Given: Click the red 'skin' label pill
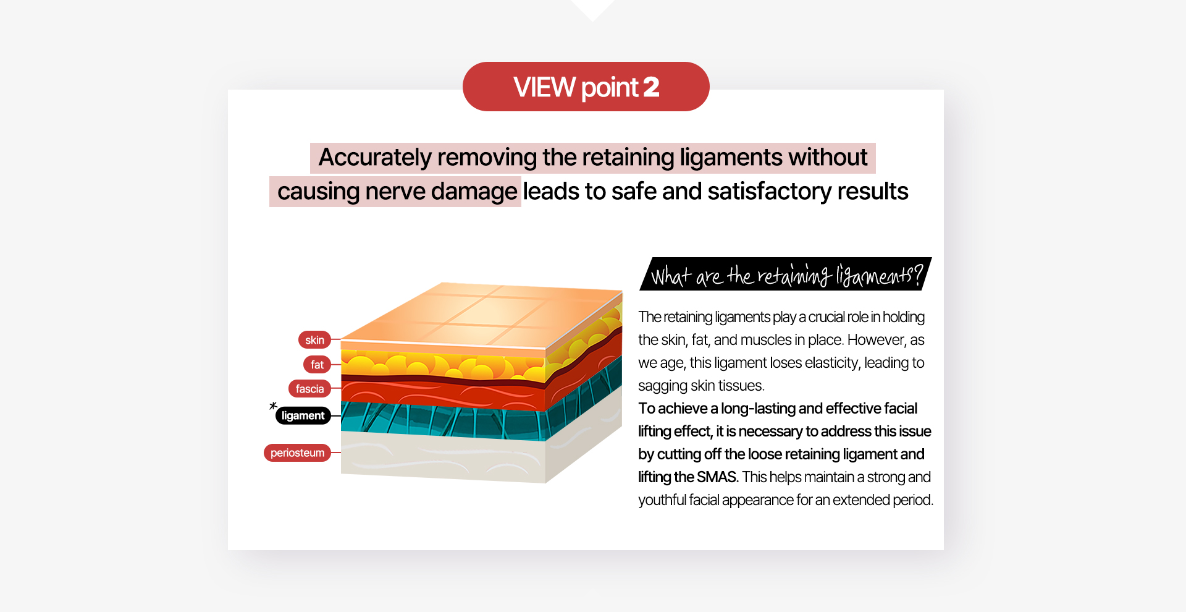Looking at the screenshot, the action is click(x=314, y=340).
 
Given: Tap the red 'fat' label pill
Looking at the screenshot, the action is click(x=317, y=365).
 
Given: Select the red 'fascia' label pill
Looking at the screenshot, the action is click(x=309, y=389).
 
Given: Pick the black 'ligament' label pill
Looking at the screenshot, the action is click(x=303, y=415).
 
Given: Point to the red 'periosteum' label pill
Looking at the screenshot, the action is click(x=297, y=453).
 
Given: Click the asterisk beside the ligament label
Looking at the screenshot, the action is click(x=273, y=406).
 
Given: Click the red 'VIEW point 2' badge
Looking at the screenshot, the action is click(x=586, y=87).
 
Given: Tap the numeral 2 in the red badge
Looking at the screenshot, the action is click(x=651, y=87).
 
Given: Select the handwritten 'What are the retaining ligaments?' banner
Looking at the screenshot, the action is click(x=786, y=274).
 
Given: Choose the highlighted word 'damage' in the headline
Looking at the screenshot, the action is click(x=474, y=192).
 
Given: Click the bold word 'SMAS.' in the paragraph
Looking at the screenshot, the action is click(x=718, y=477).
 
